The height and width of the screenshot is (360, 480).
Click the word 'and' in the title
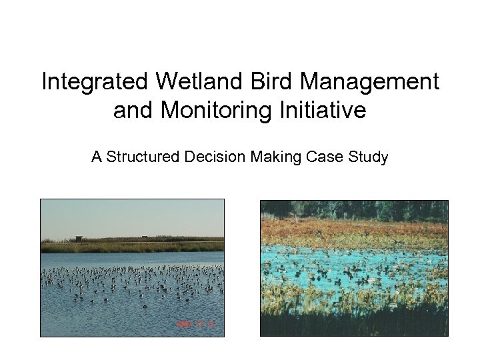click(132, 110)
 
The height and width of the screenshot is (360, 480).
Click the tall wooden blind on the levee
click(79, 239)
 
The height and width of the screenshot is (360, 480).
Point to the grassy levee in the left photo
click(133, 246)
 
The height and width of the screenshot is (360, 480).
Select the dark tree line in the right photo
click(353, 209)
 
